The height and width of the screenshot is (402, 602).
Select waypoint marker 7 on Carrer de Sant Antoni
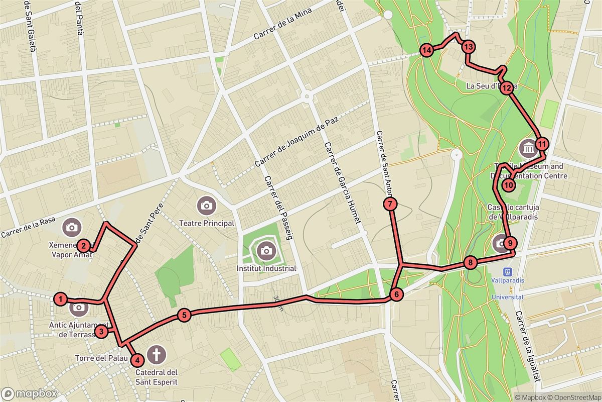click(x=390, y=204)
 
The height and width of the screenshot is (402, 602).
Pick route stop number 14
click(x=427, y=50)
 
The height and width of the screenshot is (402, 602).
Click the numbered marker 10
click(x=509, y=185)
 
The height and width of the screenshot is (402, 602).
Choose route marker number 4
click(x=136, y=360)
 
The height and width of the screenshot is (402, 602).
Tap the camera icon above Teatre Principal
click(x=206, y=205)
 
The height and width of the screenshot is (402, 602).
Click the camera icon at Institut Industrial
click(x=266, y=250)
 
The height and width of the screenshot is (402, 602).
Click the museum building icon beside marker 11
click(x=529, y=148)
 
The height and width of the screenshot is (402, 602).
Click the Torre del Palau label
click(x=99, y=359)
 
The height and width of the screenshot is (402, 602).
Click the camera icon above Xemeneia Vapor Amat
click(x=72, y=227)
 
